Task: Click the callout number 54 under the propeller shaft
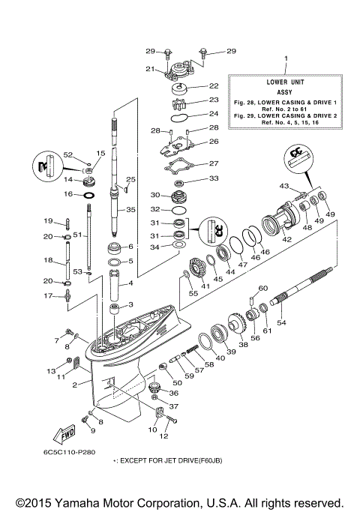(282, 323)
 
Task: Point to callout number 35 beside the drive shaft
(130, 210)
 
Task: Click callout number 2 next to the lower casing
(75, 385)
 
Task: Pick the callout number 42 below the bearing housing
(286, 239)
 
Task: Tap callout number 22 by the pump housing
(213, 86)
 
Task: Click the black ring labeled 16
(88, 194)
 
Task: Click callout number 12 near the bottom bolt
(164, 436)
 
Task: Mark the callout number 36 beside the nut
(174, 392)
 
